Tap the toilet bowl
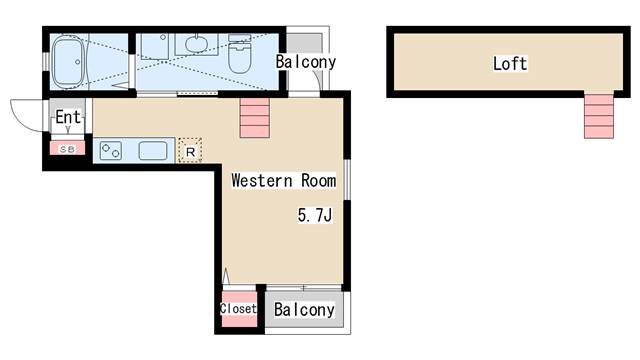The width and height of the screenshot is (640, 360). click(239, 55)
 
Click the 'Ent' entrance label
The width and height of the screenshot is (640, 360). click(67, 118)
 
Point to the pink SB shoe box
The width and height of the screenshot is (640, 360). click(67, 149)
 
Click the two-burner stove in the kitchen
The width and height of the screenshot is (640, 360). click(109, 152)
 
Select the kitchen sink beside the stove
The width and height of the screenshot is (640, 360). click(153, 151)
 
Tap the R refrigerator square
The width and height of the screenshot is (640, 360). click(189, 151)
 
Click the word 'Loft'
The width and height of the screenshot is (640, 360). click(509, 64)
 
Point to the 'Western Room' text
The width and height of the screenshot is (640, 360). click(283, 181)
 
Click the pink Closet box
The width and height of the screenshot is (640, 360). click(238, 309)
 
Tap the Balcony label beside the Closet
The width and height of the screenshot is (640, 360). click(304, 310)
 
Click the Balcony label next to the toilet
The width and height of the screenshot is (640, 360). click(306, 62)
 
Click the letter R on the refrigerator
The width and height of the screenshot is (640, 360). click(189, 152)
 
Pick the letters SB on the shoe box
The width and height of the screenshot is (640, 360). click(67, 149)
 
